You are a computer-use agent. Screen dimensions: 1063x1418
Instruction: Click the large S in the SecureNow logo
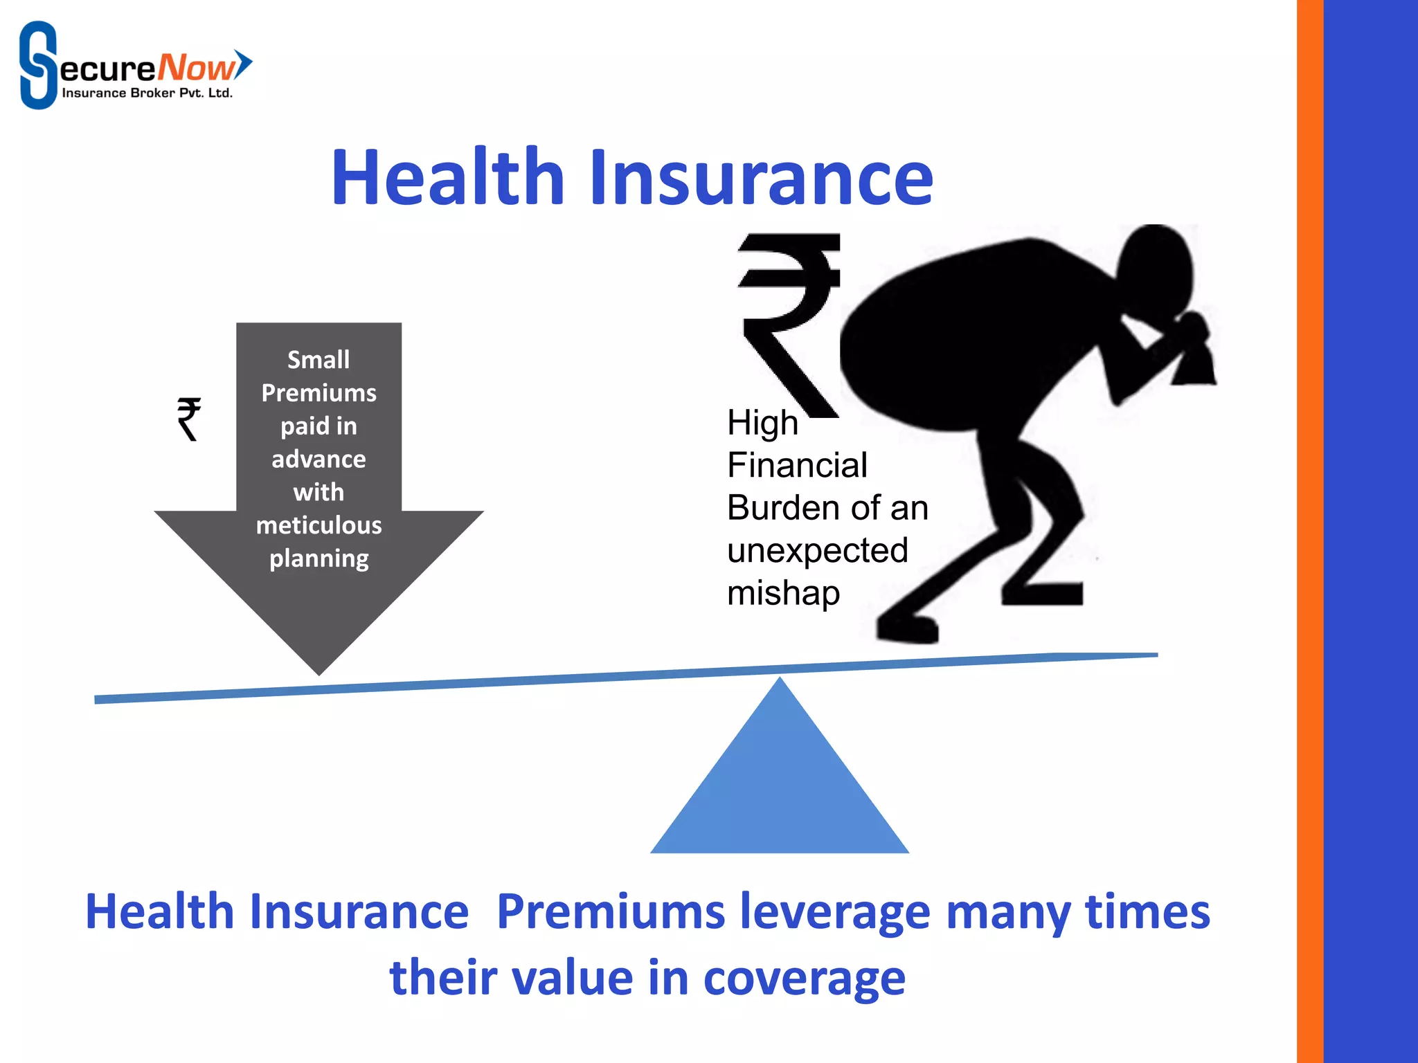pos(37,65)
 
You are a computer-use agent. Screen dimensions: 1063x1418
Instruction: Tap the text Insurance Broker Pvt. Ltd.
pos(147,93)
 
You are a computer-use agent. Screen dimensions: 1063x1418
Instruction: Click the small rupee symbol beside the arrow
pos(188,419)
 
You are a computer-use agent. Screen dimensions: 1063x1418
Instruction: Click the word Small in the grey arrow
pos(318,360)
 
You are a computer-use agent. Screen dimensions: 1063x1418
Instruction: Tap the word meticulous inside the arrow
pos(318,525)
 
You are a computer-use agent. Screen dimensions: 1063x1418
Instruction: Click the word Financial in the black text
pos(797,465)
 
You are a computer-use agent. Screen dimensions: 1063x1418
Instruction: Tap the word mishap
pos(783,593)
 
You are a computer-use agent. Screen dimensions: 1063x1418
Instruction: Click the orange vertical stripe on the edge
pos(1309,531)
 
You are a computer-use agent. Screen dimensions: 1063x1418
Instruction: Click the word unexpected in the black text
pos(817,551)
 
